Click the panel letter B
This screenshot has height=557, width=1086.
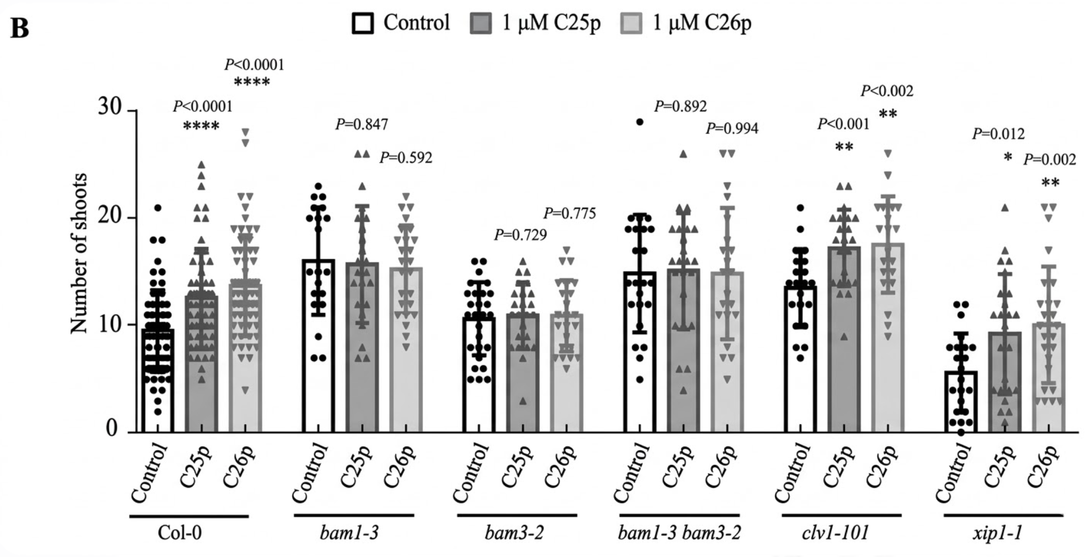click(x=20, y=29)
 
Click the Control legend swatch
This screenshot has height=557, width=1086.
click(x=363, y=23)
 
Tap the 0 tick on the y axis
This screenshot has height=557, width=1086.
click(x=112, y=430)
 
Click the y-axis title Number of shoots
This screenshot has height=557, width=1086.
click(x=79, y=253)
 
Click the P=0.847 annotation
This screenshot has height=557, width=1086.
click(x=362, y=124)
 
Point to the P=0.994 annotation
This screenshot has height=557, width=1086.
click(x=732, y=129)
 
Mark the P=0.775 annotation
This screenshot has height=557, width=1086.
click(x=570, y=214)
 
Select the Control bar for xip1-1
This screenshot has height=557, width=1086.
click(x=961, y=401)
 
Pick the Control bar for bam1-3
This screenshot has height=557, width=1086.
click(x=318, y=346)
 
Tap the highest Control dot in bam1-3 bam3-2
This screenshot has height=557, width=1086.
click(x=639, y=122)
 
